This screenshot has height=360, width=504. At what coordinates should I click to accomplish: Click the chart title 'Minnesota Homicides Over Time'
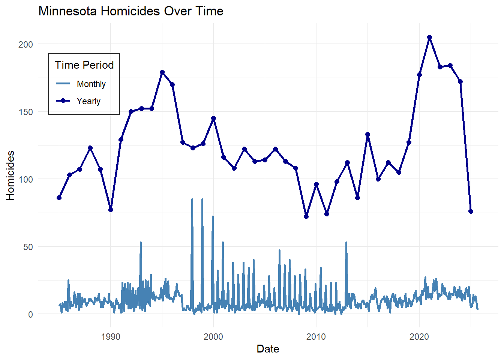pyautogui.click(x=131, y=11)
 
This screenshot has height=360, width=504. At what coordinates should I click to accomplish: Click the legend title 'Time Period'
pyautogui.click(x=84, y=65)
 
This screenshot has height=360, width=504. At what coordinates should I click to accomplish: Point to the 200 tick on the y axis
pyautogui.click(x=25, y=44)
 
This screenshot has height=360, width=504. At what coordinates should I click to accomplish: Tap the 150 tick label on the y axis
pyautogui.click(x=25, y=112)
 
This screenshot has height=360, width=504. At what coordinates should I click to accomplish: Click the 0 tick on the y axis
pyautogui.click(x=30, y=314)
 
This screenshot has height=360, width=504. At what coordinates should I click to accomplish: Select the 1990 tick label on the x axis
pyautogui.click(x=111, y=336)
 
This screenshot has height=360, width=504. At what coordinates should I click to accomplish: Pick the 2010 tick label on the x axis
pyautogui.click(x=316, y=336)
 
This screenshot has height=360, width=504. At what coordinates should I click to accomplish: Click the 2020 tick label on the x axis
pyautogui.click(x=419, y=336)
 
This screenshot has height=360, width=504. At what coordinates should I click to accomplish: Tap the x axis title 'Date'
pyautogui.click(x=268, y=349)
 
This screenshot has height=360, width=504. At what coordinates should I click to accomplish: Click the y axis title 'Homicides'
pyautogui.click(x=10, y=175)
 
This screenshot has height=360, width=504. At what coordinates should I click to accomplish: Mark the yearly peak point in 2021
pyautogui.click(x=429, y=37)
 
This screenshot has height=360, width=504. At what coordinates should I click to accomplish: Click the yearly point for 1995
pyautogui.click(x=162, y=72)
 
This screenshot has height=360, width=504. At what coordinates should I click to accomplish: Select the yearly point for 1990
pyautogui.click(x=111, y=210)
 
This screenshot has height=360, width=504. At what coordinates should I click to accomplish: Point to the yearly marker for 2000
pyautogui.click(x=213, y=118)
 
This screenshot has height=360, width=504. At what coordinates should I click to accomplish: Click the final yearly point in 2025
pyautogui.click(x=471, y=211)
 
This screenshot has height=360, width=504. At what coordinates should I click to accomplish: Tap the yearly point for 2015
pyautogui.click(x=367, y=134)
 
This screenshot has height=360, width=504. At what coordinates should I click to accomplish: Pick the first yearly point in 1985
pyautogui.click(x=59, y=198)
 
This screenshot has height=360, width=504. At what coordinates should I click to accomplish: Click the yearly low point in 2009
pyautogui.click(x=306, y=216)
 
